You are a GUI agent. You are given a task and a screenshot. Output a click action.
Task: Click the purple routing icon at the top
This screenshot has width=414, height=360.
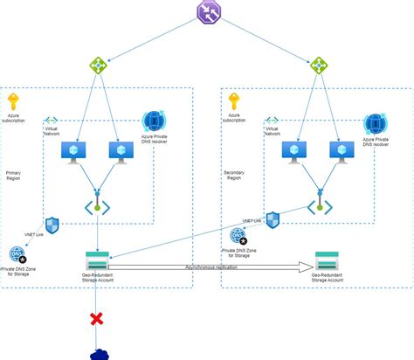coord(206,12)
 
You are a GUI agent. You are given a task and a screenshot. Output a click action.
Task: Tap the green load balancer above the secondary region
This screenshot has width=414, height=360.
coord(319,66)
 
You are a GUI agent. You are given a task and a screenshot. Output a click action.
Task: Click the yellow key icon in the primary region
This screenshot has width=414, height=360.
coord(13,100)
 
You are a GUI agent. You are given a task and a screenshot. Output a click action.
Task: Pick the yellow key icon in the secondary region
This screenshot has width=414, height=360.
coord(234,100)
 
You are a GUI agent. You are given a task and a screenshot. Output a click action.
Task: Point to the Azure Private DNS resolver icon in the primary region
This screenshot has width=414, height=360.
coord(153,123)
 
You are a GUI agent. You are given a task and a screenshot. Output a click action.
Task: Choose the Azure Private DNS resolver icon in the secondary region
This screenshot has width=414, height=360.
coord(375,123)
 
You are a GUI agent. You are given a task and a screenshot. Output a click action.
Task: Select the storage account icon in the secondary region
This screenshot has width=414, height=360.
coord(328,260)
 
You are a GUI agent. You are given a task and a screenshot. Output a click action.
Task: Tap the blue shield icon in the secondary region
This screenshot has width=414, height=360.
coord(273,218)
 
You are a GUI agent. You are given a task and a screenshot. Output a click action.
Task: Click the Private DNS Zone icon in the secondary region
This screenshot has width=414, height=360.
coord(238,235)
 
